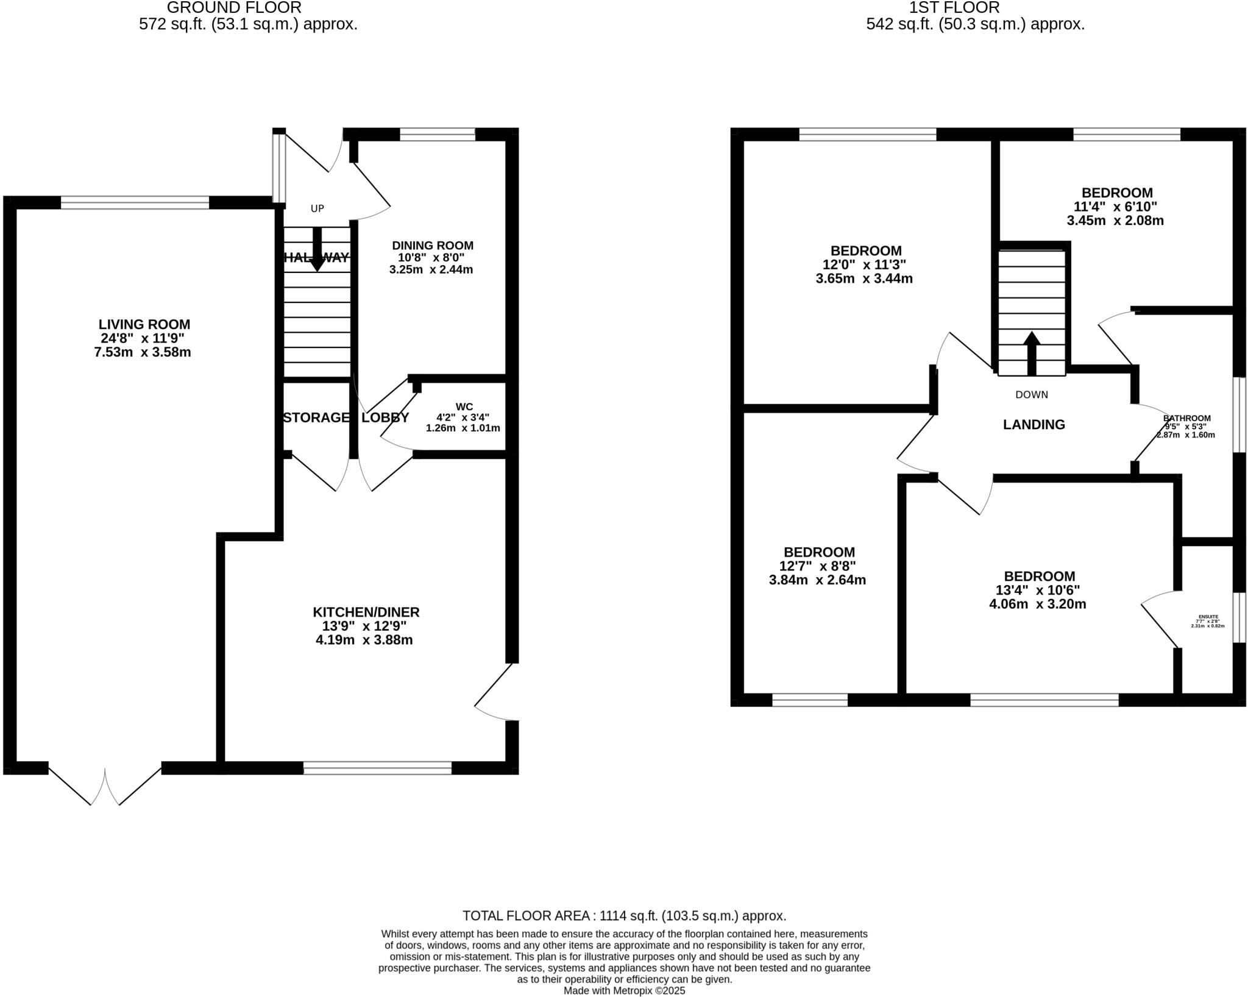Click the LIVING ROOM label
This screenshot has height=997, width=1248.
tap(144, 324)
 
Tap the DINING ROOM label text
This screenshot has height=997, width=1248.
tap(432, 246)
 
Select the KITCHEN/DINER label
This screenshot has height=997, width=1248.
tap(366, 612)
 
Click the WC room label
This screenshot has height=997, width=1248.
tap(464, 407)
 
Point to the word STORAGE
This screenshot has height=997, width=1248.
tap(316, 417)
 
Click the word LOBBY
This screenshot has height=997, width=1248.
tap(385, 417)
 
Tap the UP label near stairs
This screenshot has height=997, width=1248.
tap(317, 208)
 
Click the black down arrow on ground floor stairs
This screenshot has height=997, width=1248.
tap(317, 250)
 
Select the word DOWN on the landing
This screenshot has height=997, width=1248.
tap(1031, 395)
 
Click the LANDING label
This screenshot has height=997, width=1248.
tap(1033, 425)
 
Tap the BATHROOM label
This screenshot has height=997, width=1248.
tap(1186, 418)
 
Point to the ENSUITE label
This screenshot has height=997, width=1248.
tap(1208, 617)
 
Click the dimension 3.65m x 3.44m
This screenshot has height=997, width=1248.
tap(864, 279)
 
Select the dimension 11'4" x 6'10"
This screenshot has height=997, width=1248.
tap(1115, 207)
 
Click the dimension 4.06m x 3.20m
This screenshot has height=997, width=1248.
tap(1037, 605)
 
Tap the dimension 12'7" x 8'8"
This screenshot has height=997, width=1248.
tap(818, 566)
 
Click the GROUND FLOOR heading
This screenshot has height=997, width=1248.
tap(234, 8)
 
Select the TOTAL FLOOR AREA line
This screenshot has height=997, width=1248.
tap(624, 915)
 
